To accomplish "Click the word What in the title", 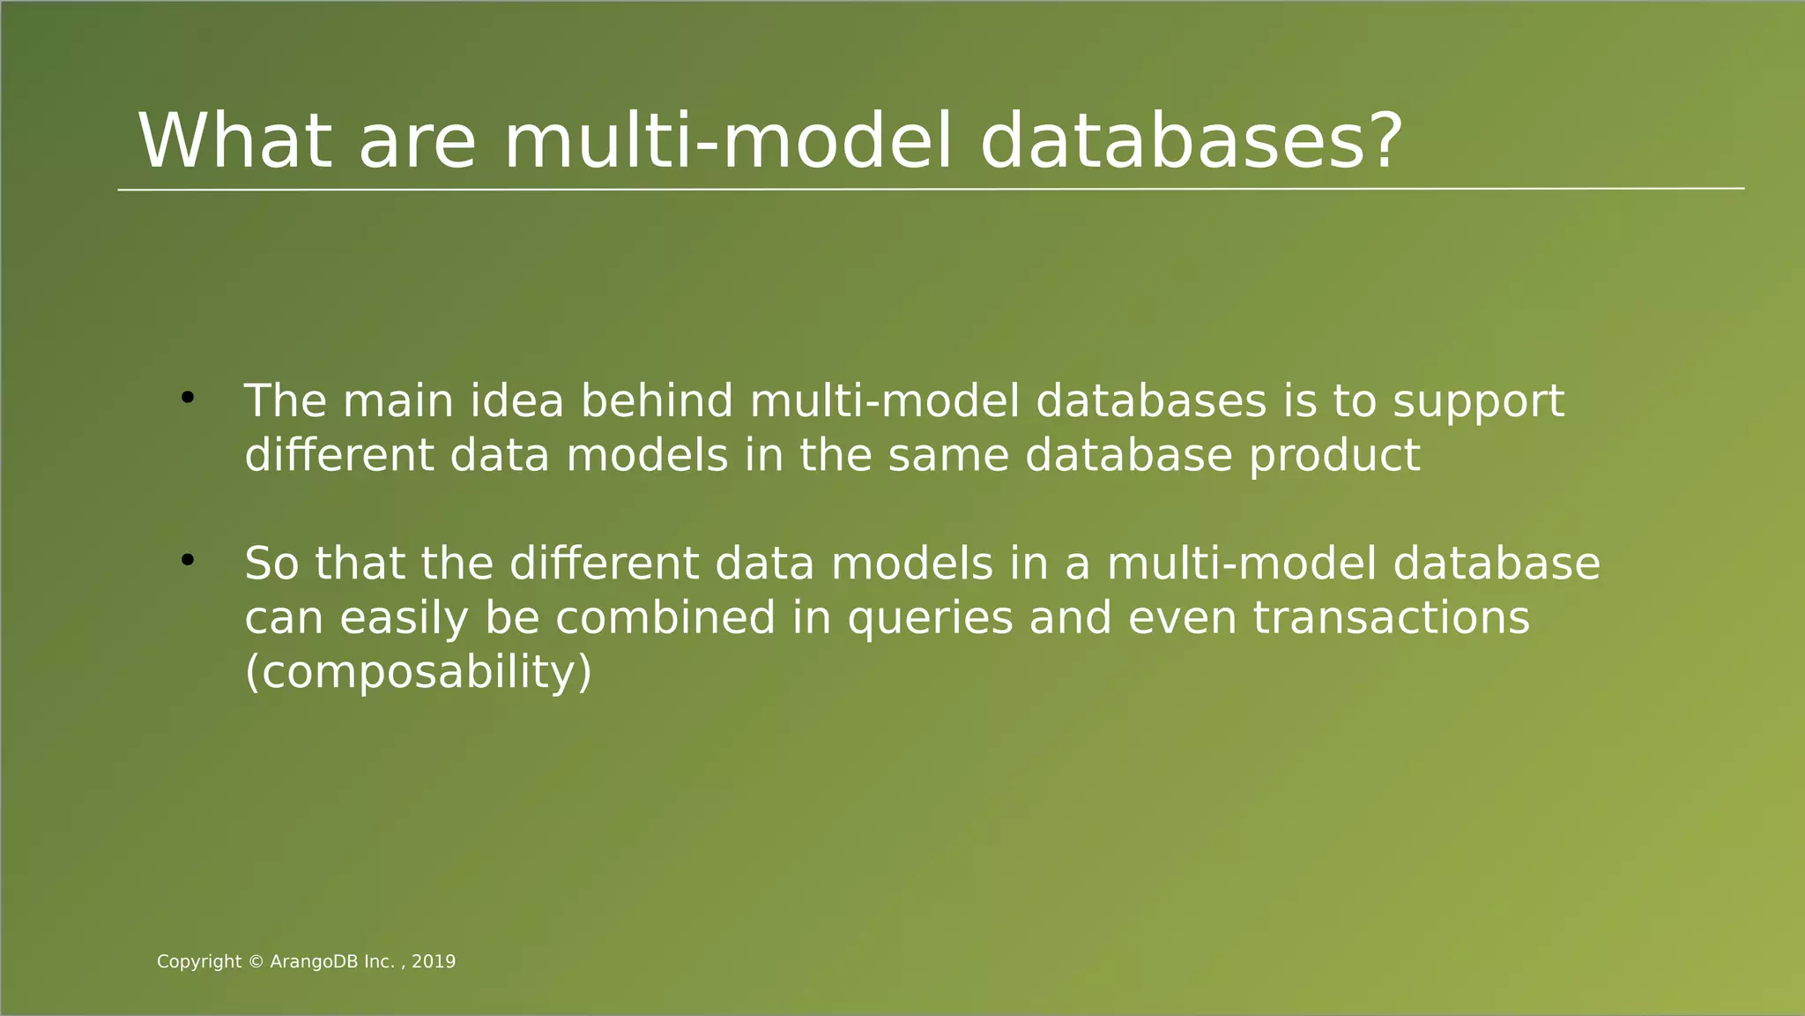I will coord(235,141).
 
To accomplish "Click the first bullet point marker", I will coord(187,399).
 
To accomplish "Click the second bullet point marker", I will coord(187,560).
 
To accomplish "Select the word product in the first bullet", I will coord(1334,457).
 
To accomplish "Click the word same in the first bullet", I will coord(947,457).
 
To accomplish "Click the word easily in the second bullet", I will coord(404,618).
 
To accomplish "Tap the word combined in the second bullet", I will coord(665,618).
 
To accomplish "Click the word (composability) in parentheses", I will coord(418,673).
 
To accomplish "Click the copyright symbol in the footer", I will coord(256,962).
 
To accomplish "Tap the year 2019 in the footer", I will coord(434,962).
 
